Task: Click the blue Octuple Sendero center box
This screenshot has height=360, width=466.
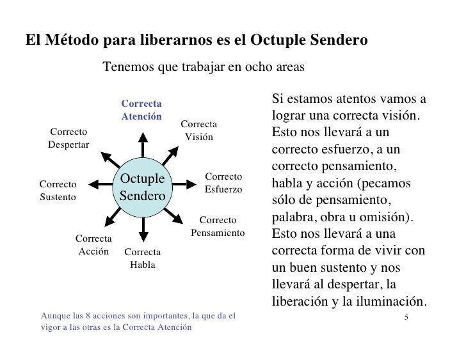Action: [x=142, y=185]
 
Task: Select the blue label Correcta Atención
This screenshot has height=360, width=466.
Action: [x=141, y=109]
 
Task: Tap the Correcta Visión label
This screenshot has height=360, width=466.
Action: [x=199, y=130]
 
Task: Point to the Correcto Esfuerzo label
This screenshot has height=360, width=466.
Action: [x=223, y=182]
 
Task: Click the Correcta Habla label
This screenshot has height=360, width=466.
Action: [x=142, y=258]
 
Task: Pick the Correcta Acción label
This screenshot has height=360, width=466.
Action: [x=94, y=245]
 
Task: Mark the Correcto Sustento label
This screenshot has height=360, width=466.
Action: [x=58, y=190]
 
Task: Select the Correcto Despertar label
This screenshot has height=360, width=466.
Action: [x=68, y=138]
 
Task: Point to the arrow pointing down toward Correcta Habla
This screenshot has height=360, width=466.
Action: [x=143, y=227]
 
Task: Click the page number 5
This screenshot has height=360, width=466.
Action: [x=407, y=318]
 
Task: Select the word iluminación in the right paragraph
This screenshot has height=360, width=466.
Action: [x=390, y=301]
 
